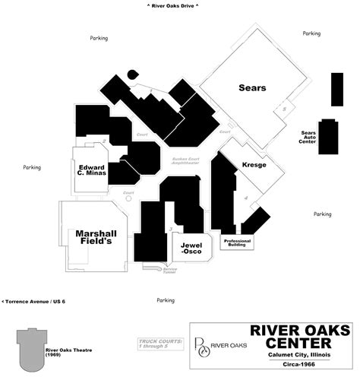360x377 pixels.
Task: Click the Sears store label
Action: (x=251, y=88)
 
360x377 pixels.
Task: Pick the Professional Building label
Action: (x=235, y=243)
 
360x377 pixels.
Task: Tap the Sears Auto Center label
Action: (x=308, y=137)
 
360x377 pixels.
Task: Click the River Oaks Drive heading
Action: (x=172, y=5)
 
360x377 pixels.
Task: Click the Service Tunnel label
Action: (x=170, y=271)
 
